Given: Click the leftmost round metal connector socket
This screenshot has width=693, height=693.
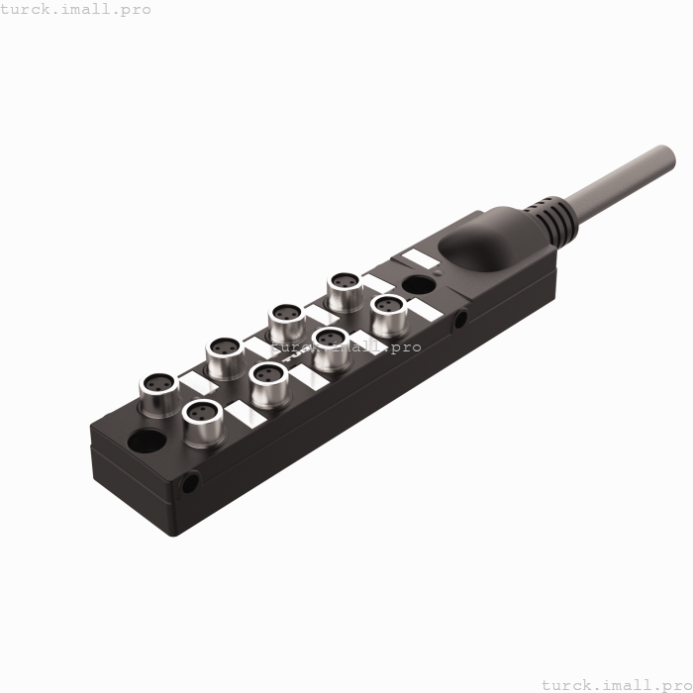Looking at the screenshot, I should pyautogui.click(x=156, y=384).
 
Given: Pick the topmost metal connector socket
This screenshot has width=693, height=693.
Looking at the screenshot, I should pyautogui.click(x=345, y=284).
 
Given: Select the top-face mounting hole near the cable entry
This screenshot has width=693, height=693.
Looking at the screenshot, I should pyautogui.click(x=418, y=287).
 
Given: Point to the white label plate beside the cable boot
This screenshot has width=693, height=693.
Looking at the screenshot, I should pyautogui.click(x=418, y=257).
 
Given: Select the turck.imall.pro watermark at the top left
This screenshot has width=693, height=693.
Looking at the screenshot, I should pyautogui.click(x=76, y=9).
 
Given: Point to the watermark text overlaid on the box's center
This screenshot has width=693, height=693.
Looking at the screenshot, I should pyautogui.click(x=346, y=347).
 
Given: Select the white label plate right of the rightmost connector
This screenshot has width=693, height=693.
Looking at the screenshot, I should pyautogui.click(x=426, y=310).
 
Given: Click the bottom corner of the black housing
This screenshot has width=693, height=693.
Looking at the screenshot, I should pyautogui.click(x=174, y=534).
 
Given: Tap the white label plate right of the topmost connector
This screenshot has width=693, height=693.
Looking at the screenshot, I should pyautogui.click(x=378, y=283).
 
